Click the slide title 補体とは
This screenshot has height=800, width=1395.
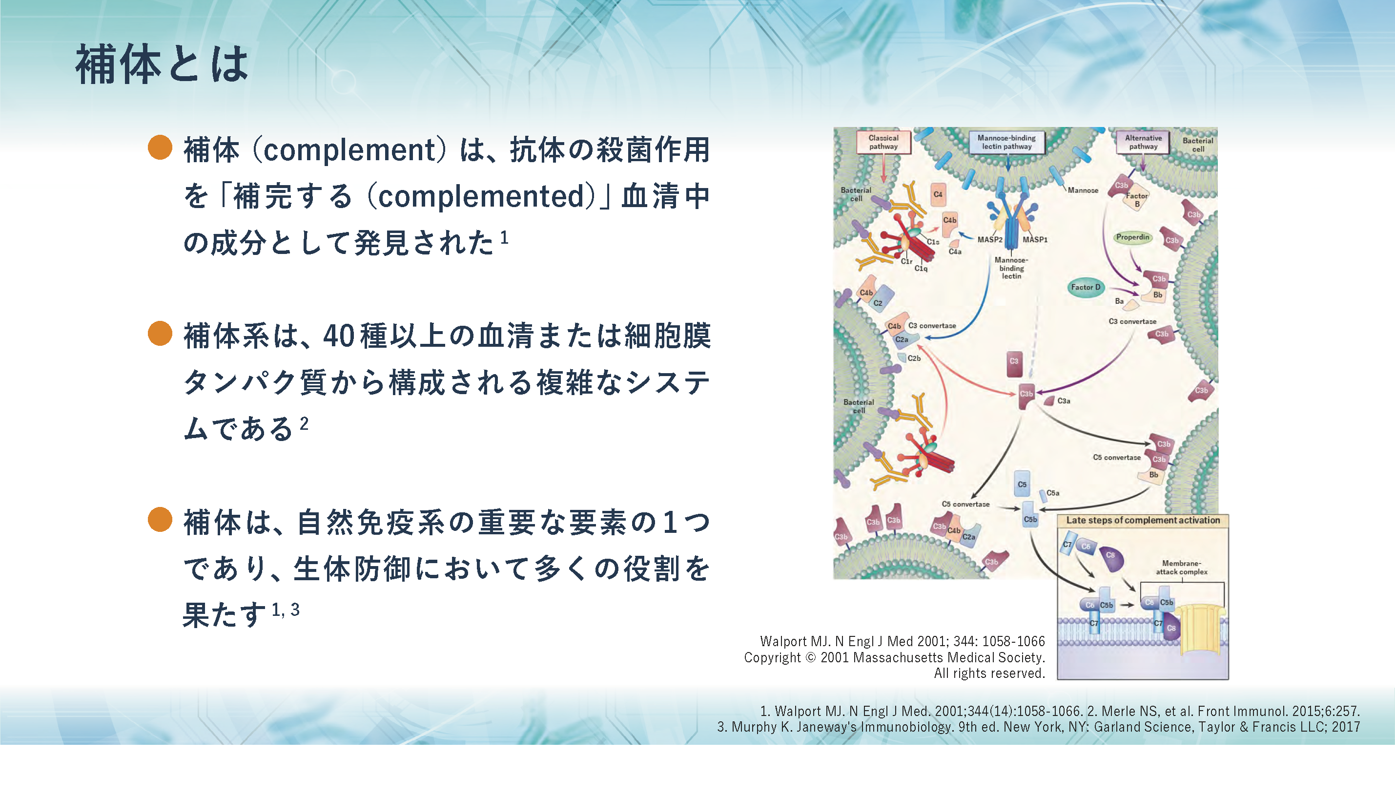[x=163, y=65]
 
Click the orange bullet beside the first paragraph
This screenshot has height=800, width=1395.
[x=160, y=147]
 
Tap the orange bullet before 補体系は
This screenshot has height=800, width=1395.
[x=160, y=334]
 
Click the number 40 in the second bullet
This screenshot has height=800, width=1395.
[x=338, y=336]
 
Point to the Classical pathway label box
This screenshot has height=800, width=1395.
[x=883, y=142]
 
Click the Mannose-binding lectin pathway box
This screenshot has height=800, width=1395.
[x=1006, y=142]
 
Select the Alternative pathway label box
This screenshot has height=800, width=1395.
[x=1143, y=142]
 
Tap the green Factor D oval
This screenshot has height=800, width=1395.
[x=1086, y=287]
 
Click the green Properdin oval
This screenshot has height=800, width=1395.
[x=1132, y=237]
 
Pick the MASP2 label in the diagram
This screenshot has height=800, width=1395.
[x=990, y=239]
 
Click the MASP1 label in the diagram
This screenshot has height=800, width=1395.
[x=1035, y=239]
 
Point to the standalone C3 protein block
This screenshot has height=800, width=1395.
[x=1014, y=363]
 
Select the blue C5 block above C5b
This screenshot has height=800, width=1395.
[x=1022, y=484]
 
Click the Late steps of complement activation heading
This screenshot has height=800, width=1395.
[x=1143, y=520]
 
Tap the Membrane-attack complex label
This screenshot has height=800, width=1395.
[x=1181, y=568]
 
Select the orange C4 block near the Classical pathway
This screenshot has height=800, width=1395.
[x=938, y=194]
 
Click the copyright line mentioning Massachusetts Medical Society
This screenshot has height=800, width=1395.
[x=894, y=658]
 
